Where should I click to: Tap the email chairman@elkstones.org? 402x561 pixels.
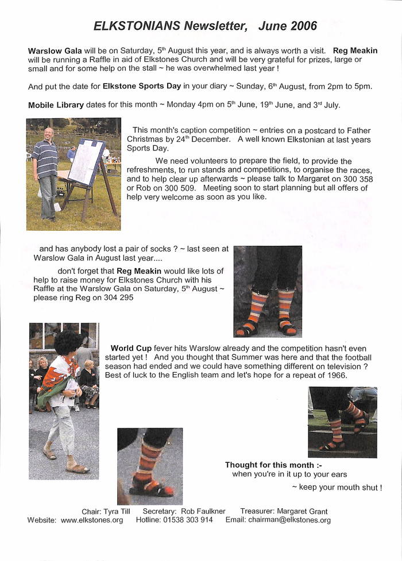pos(289,520)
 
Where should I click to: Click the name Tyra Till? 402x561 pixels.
pos(119,511)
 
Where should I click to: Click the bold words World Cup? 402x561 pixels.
pos(131,348)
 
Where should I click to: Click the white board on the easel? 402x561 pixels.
pos(87,161)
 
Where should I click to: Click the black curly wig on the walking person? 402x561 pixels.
pos(68,342)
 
